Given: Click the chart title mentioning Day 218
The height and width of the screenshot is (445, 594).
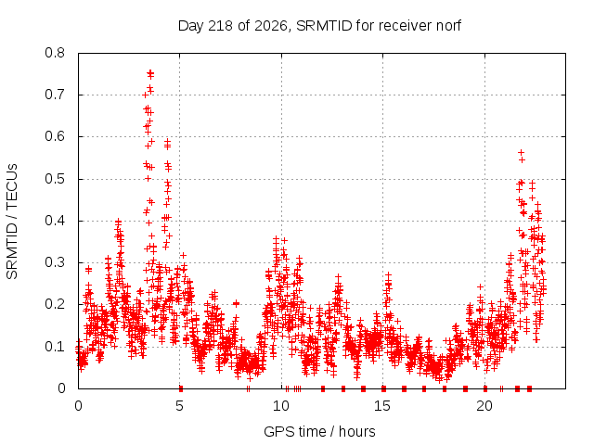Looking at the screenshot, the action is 319,26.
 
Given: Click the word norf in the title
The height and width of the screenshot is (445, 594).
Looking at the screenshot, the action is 448,26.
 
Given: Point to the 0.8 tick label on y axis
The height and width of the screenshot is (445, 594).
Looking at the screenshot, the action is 55,53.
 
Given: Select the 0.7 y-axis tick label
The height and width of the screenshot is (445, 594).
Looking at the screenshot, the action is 55,95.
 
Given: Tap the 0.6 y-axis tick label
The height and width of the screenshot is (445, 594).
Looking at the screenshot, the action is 55,136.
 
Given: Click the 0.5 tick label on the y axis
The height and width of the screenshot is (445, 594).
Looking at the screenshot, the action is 55,179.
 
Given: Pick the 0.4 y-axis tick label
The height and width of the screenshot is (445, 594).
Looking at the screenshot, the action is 55,221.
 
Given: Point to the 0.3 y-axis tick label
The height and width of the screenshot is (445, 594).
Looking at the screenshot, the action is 55,262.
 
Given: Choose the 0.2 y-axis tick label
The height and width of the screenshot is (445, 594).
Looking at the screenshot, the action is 55,304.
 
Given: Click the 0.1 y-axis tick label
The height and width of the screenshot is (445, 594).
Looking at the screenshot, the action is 55,346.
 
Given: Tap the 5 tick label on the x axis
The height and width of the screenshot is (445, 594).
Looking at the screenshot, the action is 179,406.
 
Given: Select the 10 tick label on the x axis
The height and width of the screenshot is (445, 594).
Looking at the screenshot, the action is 281,406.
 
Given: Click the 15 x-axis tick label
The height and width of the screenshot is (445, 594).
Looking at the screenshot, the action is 382,406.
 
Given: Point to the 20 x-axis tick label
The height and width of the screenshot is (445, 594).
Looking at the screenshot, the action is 484,406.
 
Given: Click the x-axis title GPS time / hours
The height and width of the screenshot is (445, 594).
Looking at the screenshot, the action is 319,432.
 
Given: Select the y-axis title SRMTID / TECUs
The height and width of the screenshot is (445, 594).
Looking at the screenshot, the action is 12,222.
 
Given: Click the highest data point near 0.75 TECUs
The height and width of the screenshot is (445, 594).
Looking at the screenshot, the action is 150,72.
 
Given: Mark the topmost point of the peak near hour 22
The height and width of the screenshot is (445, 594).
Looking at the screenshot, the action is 522,152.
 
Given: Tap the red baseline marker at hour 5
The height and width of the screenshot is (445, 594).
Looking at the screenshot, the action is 181,388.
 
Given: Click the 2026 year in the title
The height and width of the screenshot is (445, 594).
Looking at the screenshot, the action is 271,26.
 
